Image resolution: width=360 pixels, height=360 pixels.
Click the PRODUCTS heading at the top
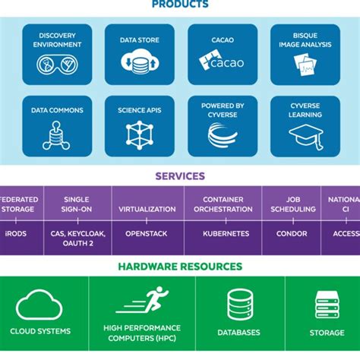180,5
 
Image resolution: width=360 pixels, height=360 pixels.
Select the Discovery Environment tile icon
57,64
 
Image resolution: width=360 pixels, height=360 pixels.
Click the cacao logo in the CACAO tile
221,62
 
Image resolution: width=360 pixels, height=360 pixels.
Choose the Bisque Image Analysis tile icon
304,64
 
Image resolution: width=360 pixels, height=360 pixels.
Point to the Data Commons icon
57,135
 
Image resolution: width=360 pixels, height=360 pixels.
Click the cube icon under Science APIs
139,135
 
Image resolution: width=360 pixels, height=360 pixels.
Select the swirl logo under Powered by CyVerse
221,135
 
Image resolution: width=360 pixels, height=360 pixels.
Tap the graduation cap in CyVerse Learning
304,136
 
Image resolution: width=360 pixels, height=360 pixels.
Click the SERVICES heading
180,176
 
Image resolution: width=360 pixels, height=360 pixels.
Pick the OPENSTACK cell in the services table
147,234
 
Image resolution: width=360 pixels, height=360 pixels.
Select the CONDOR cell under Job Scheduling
292,234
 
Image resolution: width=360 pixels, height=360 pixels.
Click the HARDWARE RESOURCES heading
180,267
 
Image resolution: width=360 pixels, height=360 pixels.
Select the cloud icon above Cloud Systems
39,305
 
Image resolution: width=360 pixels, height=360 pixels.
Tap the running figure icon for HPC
142,301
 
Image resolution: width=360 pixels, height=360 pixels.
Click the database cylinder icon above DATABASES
239,304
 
